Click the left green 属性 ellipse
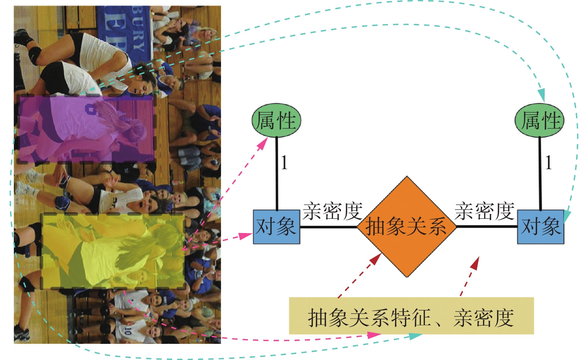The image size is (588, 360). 276,120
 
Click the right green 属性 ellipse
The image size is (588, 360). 539,120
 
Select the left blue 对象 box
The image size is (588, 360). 277,227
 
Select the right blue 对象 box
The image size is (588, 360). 540,227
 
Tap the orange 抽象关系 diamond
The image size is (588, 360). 407,227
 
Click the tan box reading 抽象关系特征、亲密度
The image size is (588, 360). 411,316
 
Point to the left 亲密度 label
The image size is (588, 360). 332,211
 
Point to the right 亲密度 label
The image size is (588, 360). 484,211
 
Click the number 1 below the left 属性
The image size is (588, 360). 284,163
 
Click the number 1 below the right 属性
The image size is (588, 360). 548,163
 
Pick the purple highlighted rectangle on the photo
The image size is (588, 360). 86,129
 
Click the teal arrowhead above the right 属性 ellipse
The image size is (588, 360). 541,95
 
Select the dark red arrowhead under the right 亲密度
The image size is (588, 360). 475,263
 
